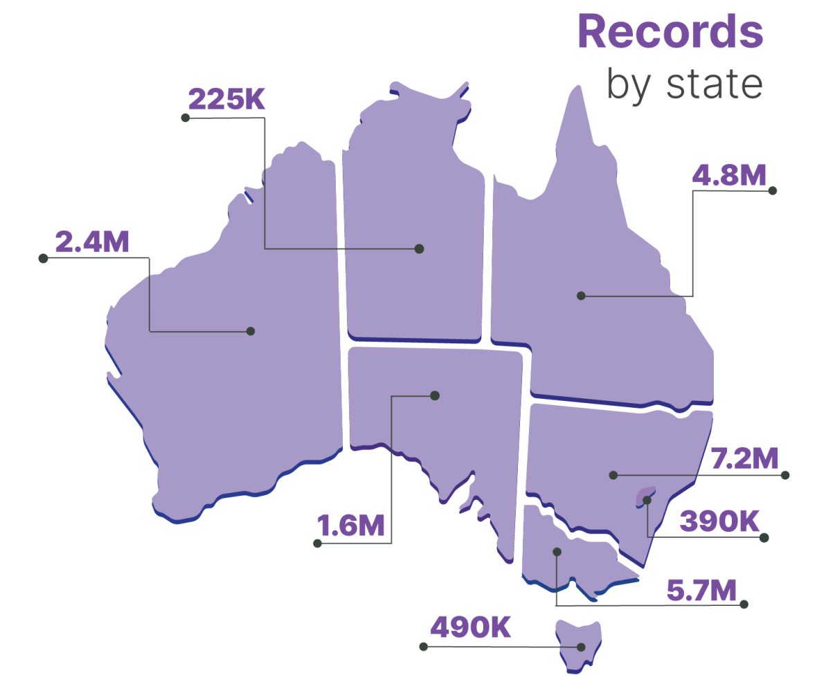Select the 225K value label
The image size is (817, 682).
pyautogui.click(x=226, y=100)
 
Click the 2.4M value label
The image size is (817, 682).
pyautogui.click(x=92, y=242)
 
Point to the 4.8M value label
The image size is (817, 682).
pyautogui.click(x=730, y=174)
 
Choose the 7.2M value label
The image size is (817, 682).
pyautogui.click(x=745, y=458)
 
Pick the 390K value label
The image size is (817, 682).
pyautogui.click(x=720, y=521)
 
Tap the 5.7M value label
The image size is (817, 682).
pyautogui.click(x=701, y=589)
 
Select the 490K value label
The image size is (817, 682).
pyautogui.click(x=471, y=628)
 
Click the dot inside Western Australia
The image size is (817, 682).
pyautogui.click(x=251, y=331)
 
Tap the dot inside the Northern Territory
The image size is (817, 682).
pyautogui.click(x=419, y=248)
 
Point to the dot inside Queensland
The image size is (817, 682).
pyautogui.click(x=581, y=296)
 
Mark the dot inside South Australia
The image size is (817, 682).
pyautogui.click(x=435, y=395)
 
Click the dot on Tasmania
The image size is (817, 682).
pyautogui.click(x=581, y=647)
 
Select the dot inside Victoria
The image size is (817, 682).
pyautogui.click(x=557, y=552)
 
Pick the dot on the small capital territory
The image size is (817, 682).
pyautogui.click(x=647, y=499)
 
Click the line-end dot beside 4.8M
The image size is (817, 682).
pyautogui.click(x=773, y=190)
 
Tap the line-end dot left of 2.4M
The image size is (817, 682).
pyautogui.click(x=43, y=258)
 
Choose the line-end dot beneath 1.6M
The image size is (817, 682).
pyautogui.click(x=318, y=544)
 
